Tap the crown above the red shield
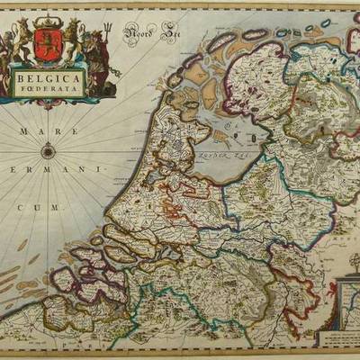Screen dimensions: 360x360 click(48, 25)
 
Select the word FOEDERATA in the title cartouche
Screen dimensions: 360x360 click(49, 91)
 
